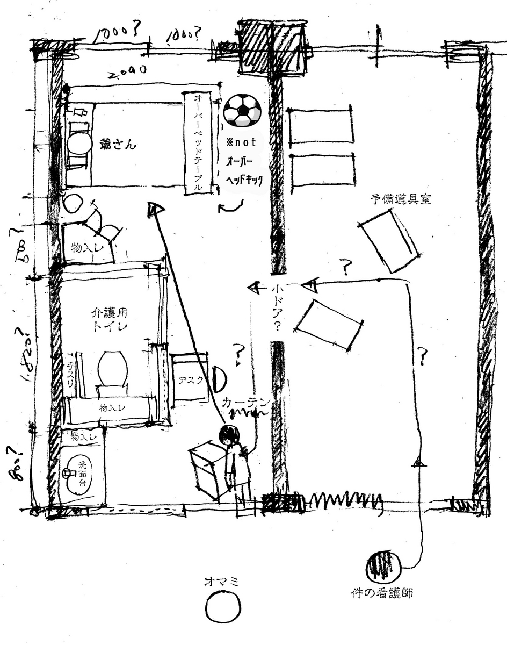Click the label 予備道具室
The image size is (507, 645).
click(401, 199)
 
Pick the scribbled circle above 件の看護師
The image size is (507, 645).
click(383, 566)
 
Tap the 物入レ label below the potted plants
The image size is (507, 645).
click(84, 248)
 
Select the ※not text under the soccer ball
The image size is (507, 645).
click(241, 142)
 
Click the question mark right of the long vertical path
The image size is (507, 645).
click(423, 356)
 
